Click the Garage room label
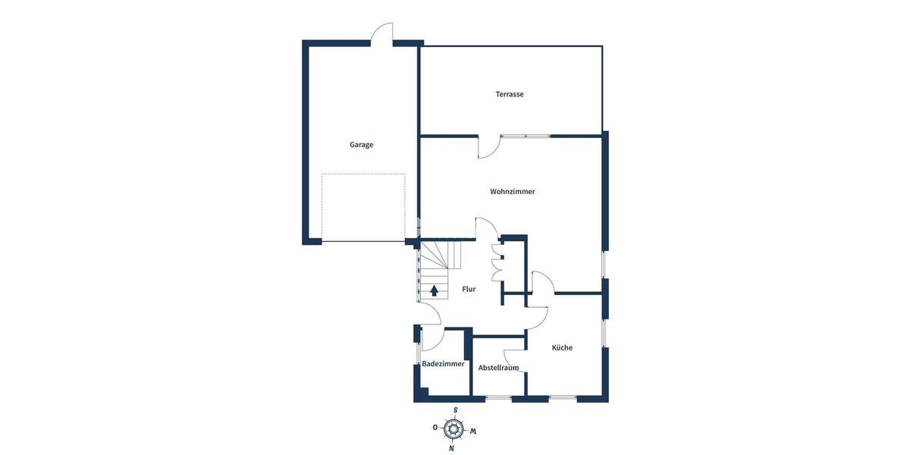point(361,145)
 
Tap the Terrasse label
point(510,94)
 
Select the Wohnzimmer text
point(513,192)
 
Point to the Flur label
point(469,289)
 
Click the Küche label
point(562,347)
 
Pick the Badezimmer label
point(443,364)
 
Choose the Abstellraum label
point(498,368)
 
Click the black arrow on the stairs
point(435,289)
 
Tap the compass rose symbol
point(453,429)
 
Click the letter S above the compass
point(455,410)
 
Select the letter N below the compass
point(452,448)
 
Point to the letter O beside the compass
point(435,428)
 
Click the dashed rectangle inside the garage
point(363,207)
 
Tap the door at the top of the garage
point(381,34)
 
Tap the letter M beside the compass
point(472,431)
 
